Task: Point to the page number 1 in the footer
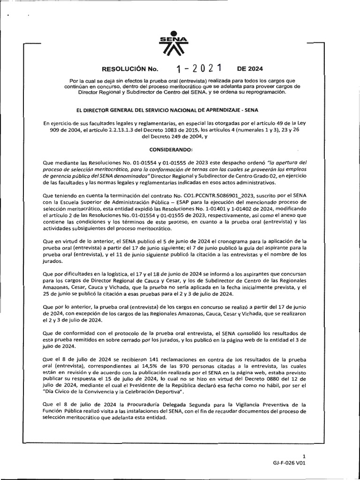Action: [304, 456]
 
